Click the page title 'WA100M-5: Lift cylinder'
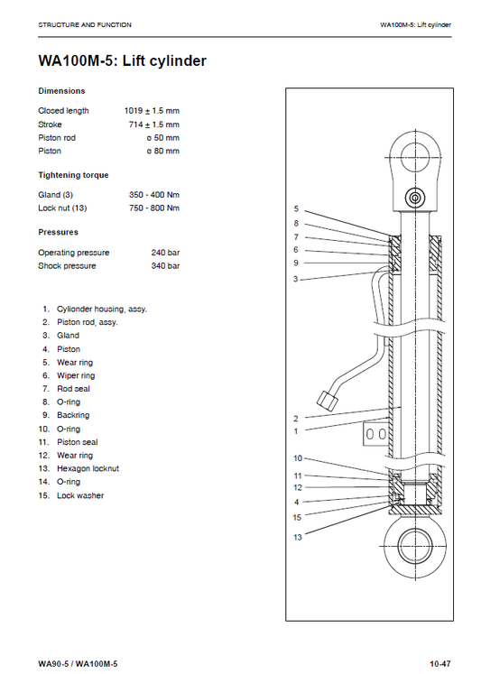coord(122,61)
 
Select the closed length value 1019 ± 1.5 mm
coord(152,111)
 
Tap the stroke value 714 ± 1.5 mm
coord(154,125)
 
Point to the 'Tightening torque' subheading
coord(73,175)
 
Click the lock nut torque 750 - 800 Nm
coord(154,208)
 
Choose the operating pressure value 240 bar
coord(165,253)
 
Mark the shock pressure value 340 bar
coord(165,266)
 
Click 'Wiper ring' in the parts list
coord(76,375)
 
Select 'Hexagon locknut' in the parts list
coord(88,468)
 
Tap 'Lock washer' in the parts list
coord(80,495)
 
